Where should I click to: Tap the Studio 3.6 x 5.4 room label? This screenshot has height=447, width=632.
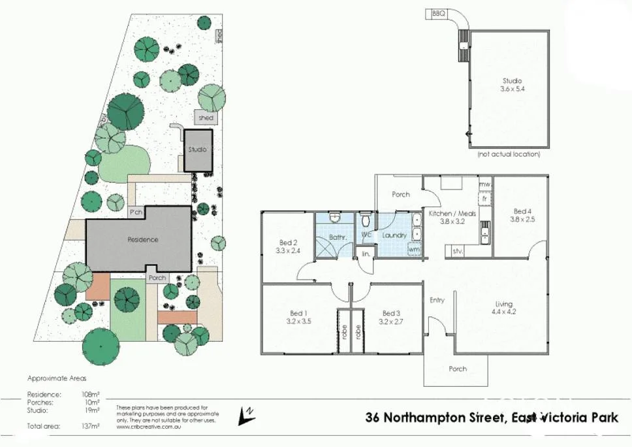[513, 85]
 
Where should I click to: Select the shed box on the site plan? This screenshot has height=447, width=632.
[206, 118]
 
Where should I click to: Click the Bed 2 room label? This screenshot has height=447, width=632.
[283, 246]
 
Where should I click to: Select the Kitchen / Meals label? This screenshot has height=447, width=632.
[451, 213]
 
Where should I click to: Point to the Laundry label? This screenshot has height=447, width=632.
[394, 235]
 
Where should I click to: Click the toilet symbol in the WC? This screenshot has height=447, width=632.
[366, 218]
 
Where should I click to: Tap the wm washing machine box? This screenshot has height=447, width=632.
[413, 249]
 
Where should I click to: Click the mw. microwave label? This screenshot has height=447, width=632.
[484, 185]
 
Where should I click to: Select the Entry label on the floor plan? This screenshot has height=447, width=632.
[437, 300]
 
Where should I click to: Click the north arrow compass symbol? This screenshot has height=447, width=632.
[247, 413]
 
